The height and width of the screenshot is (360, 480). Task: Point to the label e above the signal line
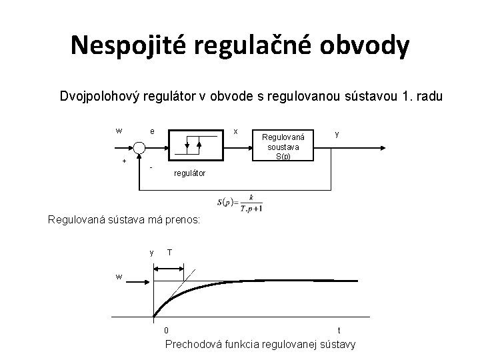point(153,131)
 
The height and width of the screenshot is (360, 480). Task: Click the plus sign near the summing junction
point(124,161)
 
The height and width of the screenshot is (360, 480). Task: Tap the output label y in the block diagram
point(337,133)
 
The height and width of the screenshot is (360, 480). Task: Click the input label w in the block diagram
point(119,131)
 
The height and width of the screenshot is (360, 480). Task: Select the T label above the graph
point(171,252)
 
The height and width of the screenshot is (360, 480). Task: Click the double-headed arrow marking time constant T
point(169,268)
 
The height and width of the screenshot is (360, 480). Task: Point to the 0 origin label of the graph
point(167,329)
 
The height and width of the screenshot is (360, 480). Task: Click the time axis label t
point(340,330)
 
